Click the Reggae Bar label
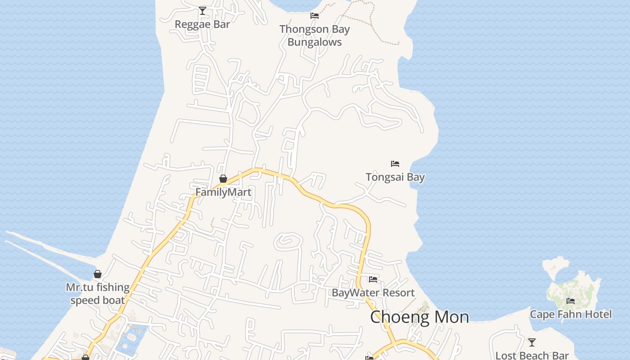coord(202,24)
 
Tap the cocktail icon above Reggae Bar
coord(202,10)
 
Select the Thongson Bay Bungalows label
coord(315,36)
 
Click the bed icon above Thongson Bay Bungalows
coord(315,16)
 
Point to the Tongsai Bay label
coord(395,177)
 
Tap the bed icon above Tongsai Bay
coord(395,163)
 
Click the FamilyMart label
coord(223,192)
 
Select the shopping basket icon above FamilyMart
coord(223,179)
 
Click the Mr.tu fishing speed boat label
coord(98,293)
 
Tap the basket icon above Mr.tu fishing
coord(98,274)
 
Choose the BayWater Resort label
coord(373,292)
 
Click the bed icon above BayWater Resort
coord(373,279)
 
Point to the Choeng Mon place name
coord(419,317)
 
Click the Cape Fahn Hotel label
coord(571,314)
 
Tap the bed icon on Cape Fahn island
coord(571,301)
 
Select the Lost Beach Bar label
coord(532,355)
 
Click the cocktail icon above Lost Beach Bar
coord(532,342)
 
